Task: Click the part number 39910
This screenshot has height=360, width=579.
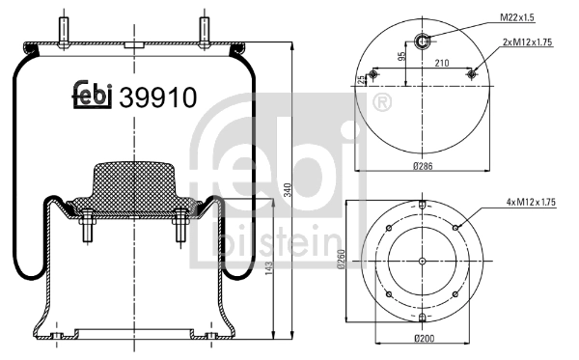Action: [158, 97]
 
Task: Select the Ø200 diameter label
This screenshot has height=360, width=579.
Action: [423, 338]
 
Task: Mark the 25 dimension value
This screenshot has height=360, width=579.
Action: [361, 78]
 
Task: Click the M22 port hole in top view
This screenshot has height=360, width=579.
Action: [423, 40]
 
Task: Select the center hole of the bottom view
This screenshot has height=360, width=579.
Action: [423, 261]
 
